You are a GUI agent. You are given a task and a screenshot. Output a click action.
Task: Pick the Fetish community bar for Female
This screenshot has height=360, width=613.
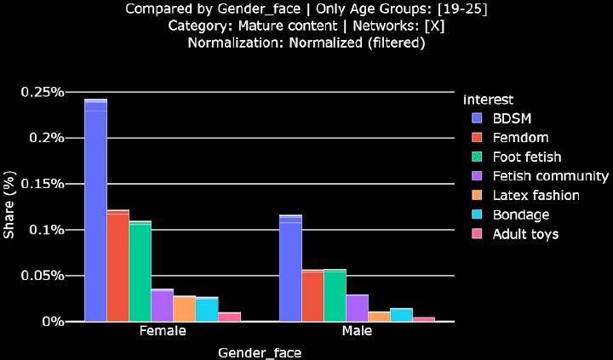point(162,305)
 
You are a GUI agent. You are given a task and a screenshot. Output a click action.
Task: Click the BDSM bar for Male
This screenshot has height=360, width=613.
point(290,268)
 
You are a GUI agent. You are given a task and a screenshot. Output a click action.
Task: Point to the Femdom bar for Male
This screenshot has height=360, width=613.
point(312,295)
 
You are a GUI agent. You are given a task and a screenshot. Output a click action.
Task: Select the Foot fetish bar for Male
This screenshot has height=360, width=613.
point(335,295)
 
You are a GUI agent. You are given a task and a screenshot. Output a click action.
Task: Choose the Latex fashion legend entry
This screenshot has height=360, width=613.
point(536,196)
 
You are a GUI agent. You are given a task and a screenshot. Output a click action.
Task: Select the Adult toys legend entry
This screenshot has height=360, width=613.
point(525,234)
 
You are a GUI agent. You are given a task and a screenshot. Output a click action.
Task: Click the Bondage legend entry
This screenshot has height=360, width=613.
point(521,214)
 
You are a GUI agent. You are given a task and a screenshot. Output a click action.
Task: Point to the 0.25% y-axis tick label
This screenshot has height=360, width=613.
point(43,92)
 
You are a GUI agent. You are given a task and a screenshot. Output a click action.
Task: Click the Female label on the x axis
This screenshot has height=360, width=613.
point(162,332)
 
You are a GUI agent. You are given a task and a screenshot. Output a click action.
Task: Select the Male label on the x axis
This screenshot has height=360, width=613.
point(357,332)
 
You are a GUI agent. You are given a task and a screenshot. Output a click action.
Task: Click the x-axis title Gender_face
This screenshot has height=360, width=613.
point(260,351)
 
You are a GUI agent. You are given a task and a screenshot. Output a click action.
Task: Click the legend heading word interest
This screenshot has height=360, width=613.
point(483,99)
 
